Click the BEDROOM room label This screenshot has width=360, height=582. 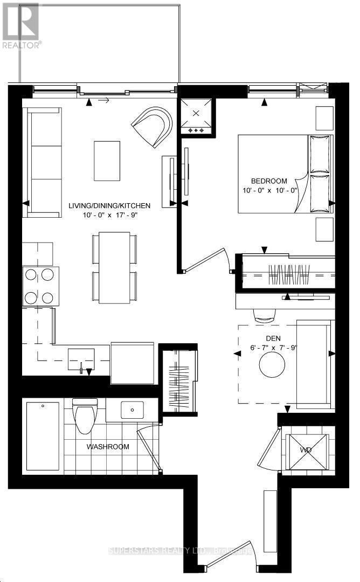pyautogui.click(x=268, y=181)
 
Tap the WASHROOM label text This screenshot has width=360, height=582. pyautogui.click(x=109, y=447)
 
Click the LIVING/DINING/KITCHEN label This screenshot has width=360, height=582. pyautogui.click(x=109, y=206)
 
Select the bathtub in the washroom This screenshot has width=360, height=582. pyautogui.click(x=43, y=435)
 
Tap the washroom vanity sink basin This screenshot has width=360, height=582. pyautogui.click(x=131, y=411)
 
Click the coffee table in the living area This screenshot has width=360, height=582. pyautogui.click(x=107, y=161)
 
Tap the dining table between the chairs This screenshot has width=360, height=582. pyautogui.click(x=114, y=267)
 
